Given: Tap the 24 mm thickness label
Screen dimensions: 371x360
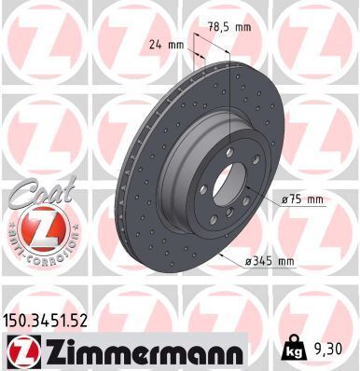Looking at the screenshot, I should click(x=165, y=43).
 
